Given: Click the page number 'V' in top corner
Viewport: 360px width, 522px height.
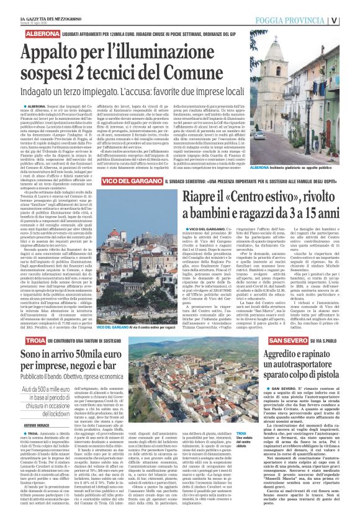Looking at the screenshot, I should pyautogui.click(x=351, y=17).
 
